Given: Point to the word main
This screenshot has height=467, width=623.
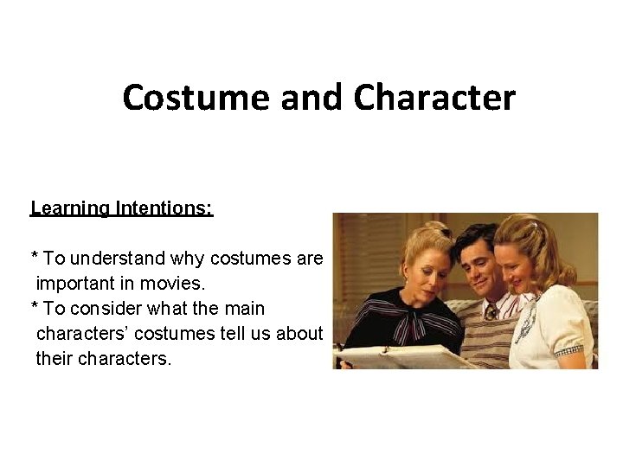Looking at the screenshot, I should point(244,308).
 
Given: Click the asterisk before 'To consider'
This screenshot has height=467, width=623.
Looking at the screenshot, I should point(34,308).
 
